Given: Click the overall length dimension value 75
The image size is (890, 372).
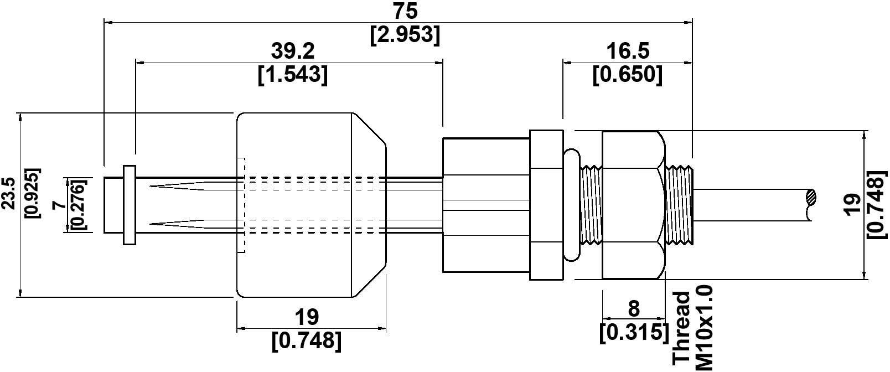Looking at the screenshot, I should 406,11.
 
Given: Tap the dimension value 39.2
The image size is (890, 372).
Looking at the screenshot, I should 293,51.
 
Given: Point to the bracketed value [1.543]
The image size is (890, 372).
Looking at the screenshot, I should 293,75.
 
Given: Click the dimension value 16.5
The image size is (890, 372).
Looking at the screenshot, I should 628,51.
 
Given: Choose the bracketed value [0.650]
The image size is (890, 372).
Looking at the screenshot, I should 628,75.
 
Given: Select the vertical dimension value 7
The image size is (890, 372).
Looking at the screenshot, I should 60,204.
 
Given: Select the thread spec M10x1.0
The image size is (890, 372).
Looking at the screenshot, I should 705,327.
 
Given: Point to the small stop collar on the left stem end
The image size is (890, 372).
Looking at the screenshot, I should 129,204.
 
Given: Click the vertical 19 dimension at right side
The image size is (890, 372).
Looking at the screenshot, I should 853,204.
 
